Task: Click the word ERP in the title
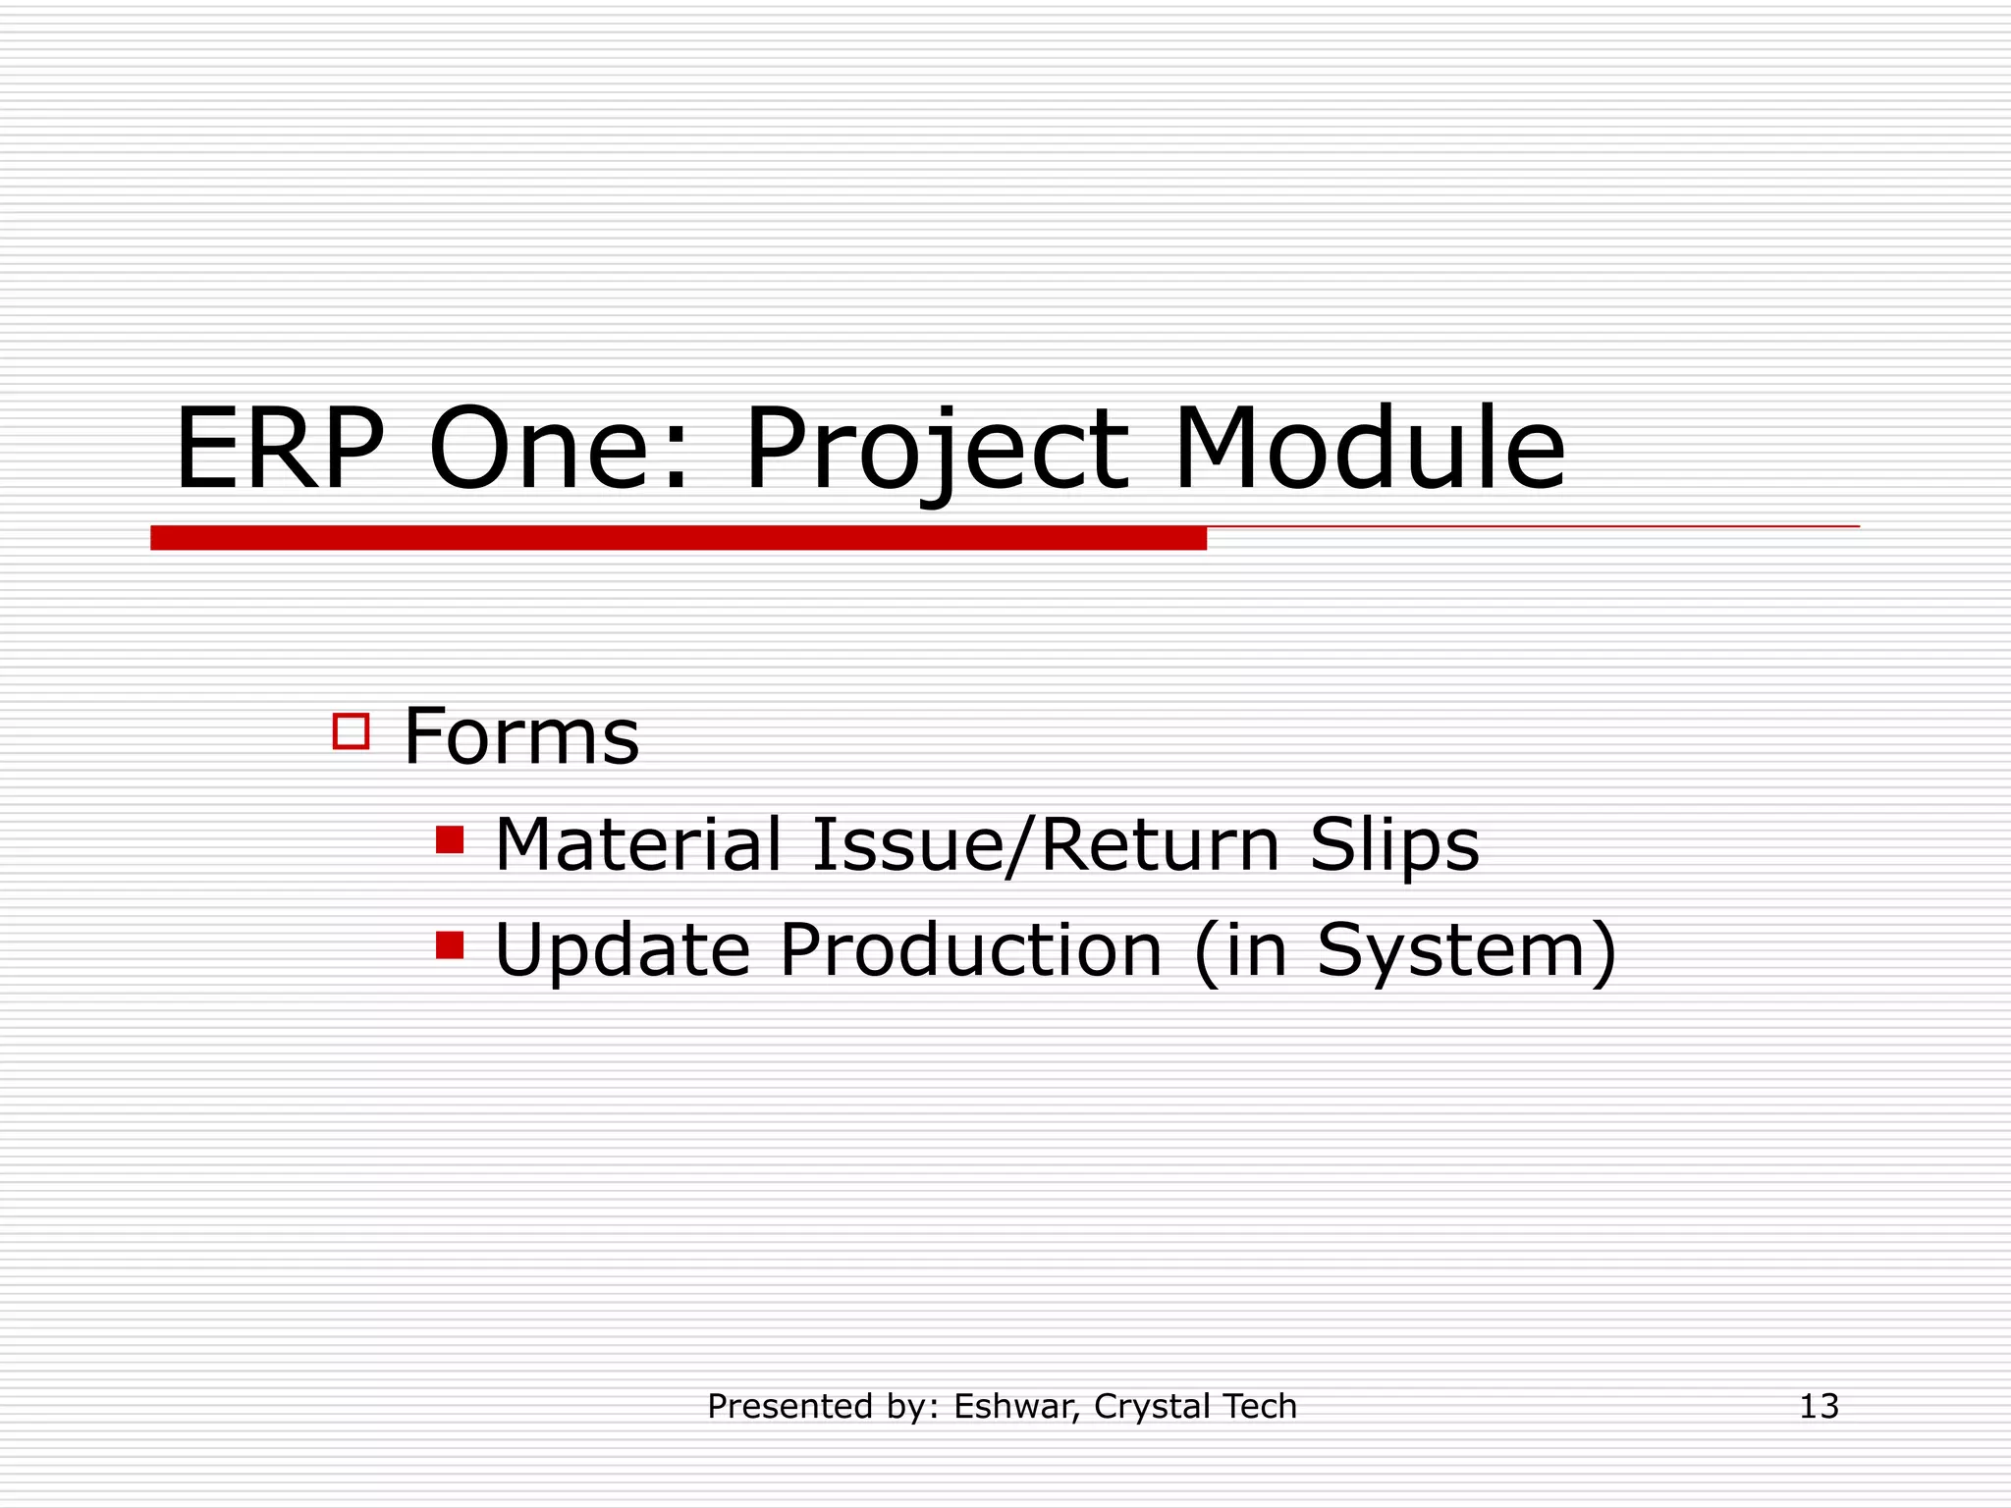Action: click(279, 451)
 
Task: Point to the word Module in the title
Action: click(1369, 451)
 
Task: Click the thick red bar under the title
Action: click(678, 538)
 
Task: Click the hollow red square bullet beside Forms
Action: click(351, 731)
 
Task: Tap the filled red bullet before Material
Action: click(450, 840)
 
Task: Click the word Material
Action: click(638, 844)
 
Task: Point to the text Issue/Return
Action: click(1046, 844)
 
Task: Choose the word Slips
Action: click(1394, 844)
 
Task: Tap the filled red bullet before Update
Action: click(450, 945)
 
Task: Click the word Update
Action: click(623, 950)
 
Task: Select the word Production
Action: click(971, 950)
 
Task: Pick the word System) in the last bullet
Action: click(1466, 950)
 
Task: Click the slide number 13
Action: click(1819, 1407)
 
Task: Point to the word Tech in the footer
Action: click(1260, 1407)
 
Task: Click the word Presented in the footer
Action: click(783, 1407)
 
